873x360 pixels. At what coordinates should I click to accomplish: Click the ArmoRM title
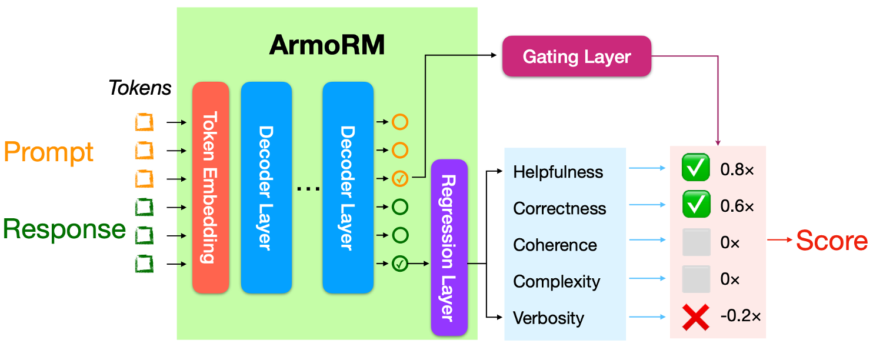click(327, 45)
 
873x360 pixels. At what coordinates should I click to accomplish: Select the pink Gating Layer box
click(577, 56)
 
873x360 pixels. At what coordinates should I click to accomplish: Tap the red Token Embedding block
click(211, 188)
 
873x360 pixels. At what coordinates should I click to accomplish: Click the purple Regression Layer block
click(449, 248)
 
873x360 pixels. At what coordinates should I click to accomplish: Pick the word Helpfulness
click(558, 172)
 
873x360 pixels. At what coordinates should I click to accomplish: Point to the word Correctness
click(559, 208)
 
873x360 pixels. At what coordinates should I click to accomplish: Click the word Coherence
click(555, 245)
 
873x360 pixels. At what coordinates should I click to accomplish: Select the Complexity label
click(557, 282)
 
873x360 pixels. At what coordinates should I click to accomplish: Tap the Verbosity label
click(549, 318)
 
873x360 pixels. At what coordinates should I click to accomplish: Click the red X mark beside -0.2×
click(696, 318)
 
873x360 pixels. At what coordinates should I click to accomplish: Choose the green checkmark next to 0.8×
click(696, 167)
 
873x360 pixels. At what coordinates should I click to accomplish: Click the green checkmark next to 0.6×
click(696, 204)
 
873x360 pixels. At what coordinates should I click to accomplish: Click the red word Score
click(832, 241)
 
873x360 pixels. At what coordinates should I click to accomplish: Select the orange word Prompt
click(48, 152)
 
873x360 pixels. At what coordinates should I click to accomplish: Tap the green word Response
click(64, 229)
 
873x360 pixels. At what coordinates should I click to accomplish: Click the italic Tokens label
click(140, 88)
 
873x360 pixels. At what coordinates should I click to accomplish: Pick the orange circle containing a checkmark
click(400, 178)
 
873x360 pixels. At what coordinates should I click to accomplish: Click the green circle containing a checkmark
click(400, 264)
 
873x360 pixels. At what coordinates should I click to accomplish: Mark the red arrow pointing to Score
click(779, 239)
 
